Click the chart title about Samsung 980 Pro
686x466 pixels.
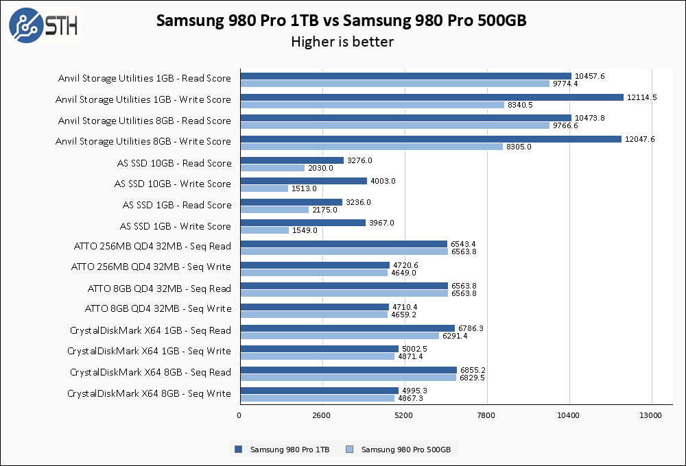[x=341, y=21]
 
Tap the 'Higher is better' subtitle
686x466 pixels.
[x=342, y=42]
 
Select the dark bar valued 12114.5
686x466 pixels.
[x=431, y=97]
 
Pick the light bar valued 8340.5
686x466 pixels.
[x=372, y=105]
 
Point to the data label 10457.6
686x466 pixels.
[x=590, y=76]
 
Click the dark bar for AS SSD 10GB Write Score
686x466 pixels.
[x=303, y=181]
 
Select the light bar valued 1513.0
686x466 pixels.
[x=264, y=188]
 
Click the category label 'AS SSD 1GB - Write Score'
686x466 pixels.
[x=176, y=226]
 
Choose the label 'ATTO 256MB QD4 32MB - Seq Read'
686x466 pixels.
[x=152, y=246]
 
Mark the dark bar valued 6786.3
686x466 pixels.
[x=347, y=328]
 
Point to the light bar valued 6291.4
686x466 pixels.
[x=340, y=336]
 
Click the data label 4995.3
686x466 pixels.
[x=416, y=391]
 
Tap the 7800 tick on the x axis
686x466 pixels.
[x=486, y=415]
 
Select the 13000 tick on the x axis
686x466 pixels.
[x=650, y=415]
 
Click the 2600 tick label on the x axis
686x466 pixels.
[x=322, y=415]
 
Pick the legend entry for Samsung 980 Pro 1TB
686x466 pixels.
[x=283, y=450]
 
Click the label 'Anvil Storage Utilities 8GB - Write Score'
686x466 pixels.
[x=143, y=141]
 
